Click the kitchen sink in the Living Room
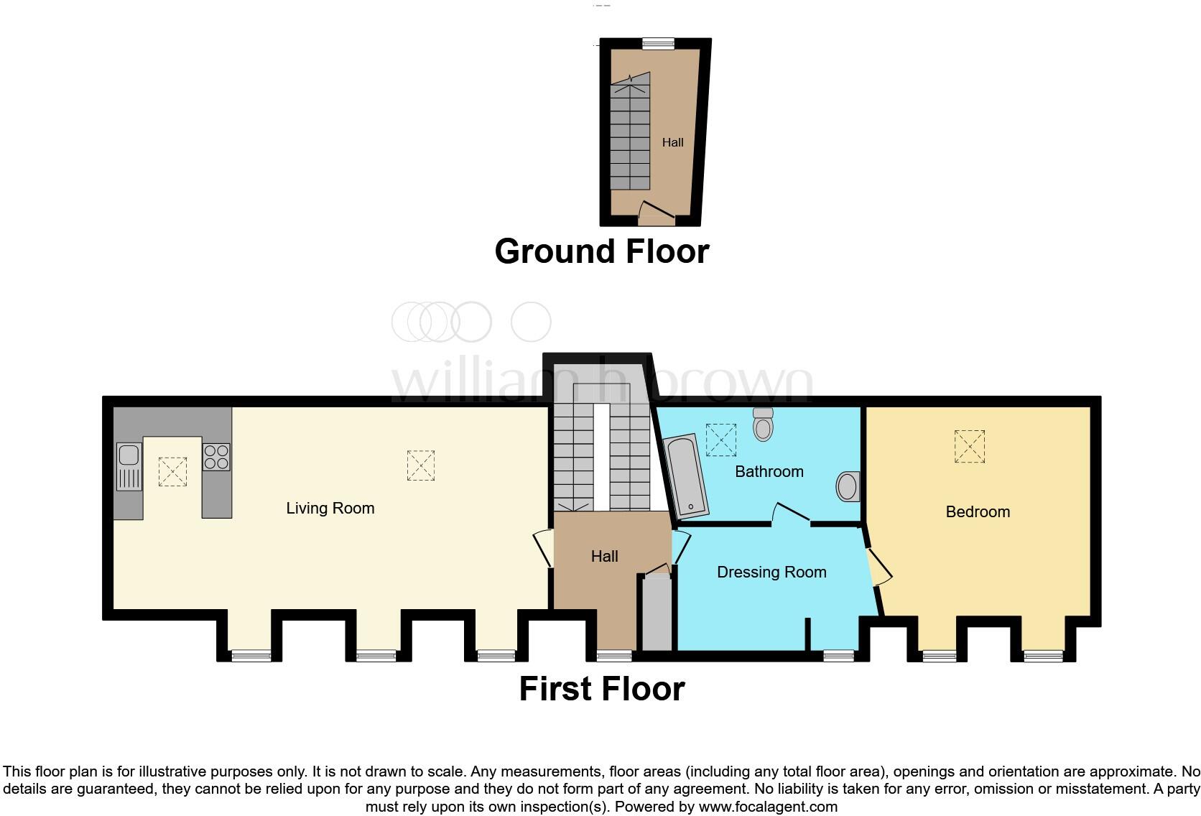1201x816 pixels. point(129,466)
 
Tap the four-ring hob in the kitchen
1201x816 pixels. point(216,457)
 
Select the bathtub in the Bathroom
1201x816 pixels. point(687,476)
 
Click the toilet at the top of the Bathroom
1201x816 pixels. point(763,425)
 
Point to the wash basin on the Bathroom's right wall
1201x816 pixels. point(848,486)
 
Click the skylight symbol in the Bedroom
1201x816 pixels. point(969,446)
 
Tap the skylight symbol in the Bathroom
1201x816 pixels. point(720,440)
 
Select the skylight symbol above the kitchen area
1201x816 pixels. point(172,471)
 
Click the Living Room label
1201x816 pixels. point(330,509)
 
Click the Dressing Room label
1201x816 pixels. point(771,572)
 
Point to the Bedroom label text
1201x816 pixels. point(978,512)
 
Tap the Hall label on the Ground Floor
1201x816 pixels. point(672,143)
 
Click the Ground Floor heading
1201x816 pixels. point(601,252)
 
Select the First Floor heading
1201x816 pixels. point(601,689)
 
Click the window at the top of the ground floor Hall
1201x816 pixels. point(658,44)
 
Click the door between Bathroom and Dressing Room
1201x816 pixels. point(791,514)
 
